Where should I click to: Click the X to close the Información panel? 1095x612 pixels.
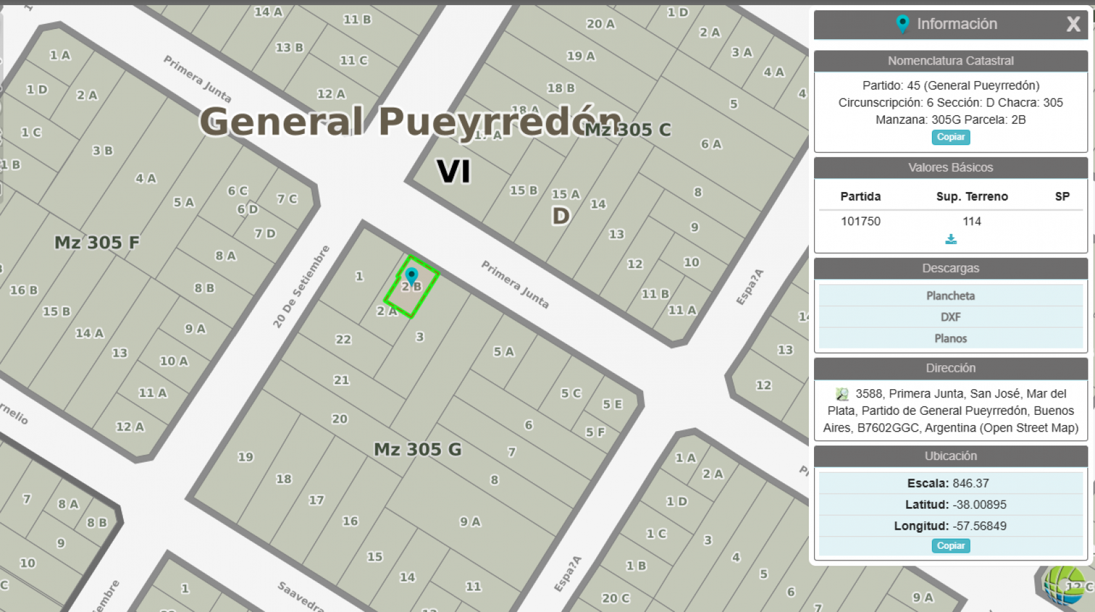click(1073, 24)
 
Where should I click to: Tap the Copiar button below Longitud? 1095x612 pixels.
click(951, 546)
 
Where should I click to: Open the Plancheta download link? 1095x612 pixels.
click(951, 296)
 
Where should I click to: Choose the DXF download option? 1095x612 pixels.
click(951, 317)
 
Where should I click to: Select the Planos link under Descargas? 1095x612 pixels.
click(951, 338)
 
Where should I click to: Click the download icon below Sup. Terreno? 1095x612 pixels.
click(951, 239)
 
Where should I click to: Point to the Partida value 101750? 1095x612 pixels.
click(860, 221)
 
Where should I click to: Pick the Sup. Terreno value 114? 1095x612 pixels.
click(972, 221)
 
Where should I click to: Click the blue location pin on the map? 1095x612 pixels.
click(412, 276)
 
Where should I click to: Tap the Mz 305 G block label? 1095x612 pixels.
click(418, 449)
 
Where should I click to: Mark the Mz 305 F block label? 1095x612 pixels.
click(97, 242)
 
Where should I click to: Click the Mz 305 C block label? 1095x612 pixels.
click(628, 129)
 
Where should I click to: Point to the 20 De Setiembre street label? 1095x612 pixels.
click(301, 287)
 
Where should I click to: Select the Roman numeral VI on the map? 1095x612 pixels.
click(454, 171)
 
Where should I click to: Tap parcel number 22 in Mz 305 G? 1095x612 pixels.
click(344, 339)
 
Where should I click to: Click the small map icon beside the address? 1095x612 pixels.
click(842, 394)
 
